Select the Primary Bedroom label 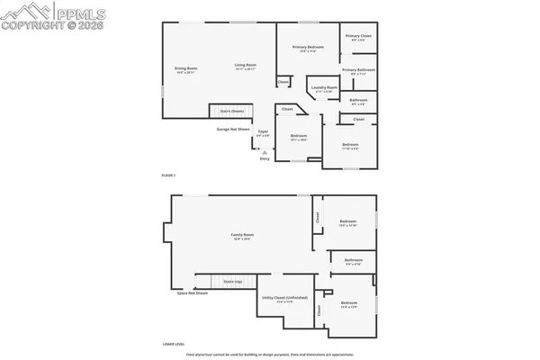coord(308,48)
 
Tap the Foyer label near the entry coord(263,132)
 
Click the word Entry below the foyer coord(264,158)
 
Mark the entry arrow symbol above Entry coord(264,151)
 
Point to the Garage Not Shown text coord(232,129)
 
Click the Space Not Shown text coord(193,293)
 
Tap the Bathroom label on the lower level coord(354,262)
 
